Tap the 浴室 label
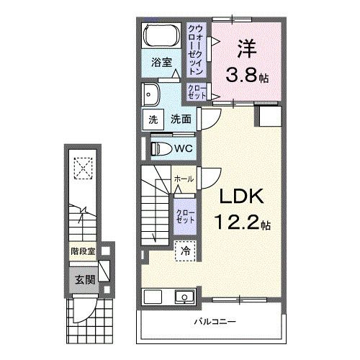161,63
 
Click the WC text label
181,148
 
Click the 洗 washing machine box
153,120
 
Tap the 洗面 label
181,120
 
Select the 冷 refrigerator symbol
185,251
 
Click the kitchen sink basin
182,297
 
